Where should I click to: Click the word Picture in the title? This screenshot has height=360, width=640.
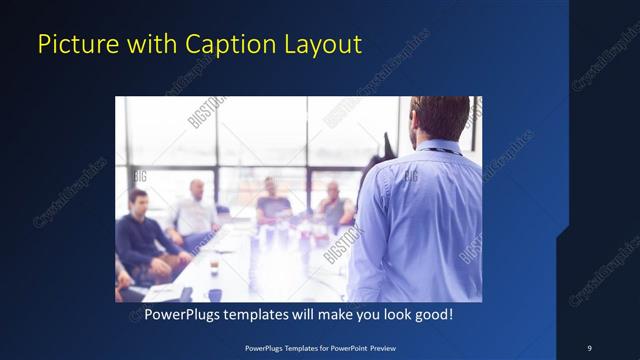click(71, 44)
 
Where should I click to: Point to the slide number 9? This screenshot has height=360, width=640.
click(589, 347)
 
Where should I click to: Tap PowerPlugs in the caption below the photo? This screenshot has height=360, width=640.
click(184, 314)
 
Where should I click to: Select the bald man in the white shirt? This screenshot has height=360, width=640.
click(194, 212)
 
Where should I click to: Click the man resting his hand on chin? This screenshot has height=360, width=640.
click(334, 205)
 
